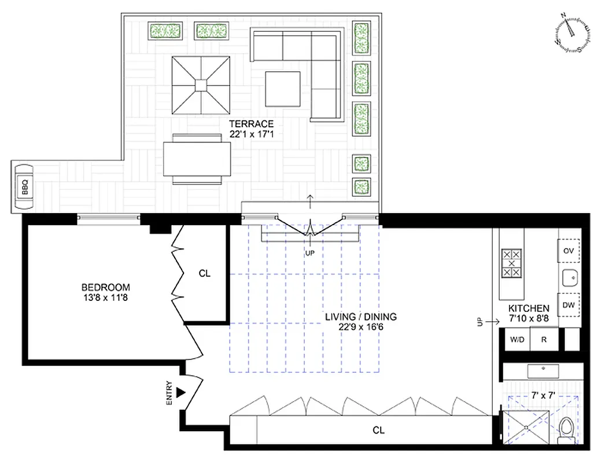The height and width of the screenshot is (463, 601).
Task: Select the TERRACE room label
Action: (x=251, y=124)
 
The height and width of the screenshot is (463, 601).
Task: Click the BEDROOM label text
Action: (x=105, y=287)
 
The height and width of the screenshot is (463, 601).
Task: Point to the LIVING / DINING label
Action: (x=360, y=317)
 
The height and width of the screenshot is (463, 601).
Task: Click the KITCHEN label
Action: (x=529, y=308)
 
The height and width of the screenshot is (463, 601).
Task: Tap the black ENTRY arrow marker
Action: (x=180, y=392)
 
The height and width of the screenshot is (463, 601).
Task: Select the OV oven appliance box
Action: (x=568, y=251)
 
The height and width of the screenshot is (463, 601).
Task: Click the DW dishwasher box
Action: (x=568, y=305)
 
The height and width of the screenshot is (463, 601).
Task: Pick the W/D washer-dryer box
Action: (x=517, y=340)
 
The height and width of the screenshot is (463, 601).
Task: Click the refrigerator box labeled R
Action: (x=544, y=340)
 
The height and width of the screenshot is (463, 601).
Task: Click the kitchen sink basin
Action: (x=570, y=278)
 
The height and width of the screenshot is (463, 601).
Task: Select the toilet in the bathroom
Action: (x=566, y=431)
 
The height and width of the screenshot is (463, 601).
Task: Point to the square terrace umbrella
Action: (x=200, y=85)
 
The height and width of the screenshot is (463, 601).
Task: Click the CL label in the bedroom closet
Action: (x=205, y=273)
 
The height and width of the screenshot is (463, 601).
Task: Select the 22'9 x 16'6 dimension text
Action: (x=360, y=327)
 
